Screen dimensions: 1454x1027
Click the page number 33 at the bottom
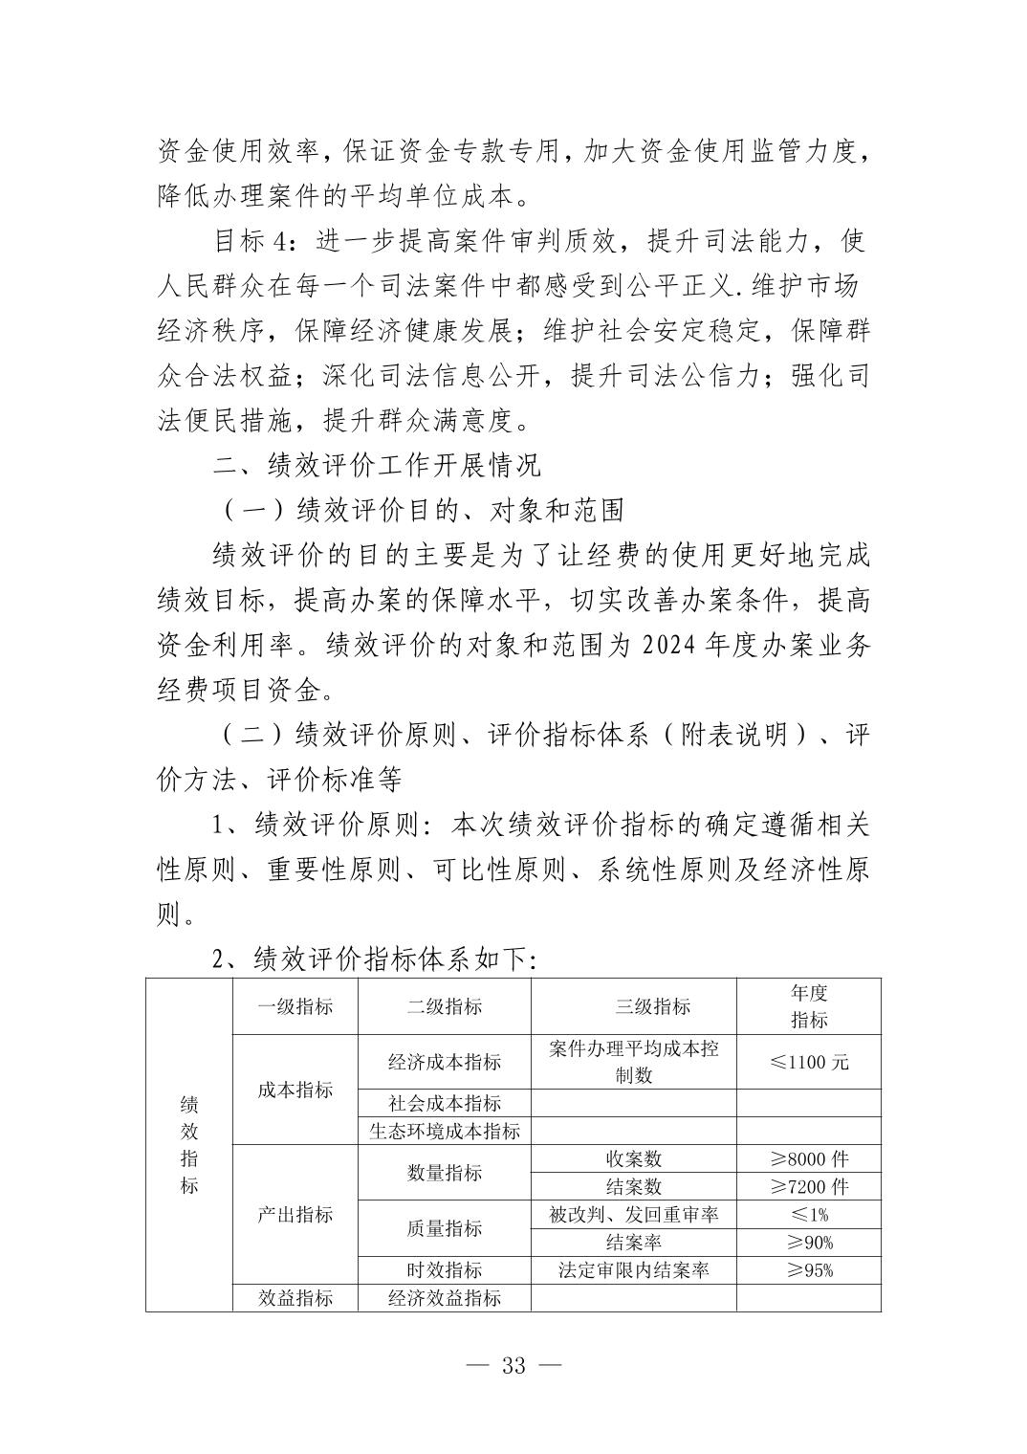[513, 1365]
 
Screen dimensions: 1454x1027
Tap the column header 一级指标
[295, 1006]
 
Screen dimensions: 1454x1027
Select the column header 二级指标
[444, 1006]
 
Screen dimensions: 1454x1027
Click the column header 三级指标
[633, 1006]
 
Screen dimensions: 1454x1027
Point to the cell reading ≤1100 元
[809, 1062]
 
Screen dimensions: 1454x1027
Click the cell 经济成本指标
[444, 1062]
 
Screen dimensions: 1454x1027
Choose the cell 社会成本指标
[444, 1103]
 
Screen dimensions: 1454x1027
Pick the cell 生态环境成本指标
[444, 1131]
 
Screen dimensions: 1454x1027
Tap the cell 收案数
[633, 1158]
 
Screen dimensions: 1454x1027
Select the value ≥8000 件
[809, 1158]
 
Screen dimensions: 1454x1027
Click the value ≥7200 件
[809, 1186]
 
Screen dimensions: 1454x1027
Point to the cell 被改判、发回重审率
[633, 1215]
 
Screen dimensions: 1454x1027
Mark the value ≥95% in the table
[809, 1270]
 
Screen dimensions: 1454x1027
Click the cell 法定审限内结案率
[633, 1270]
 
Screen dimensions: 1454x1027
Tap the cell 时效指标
[444, 1270]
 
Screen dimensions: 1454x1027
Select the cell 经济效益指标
[444, 1298]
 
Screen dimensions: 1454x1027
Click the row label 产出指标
[295, 1215]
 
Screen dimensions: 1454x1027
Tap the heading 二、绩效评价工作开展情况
[377, 465]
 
